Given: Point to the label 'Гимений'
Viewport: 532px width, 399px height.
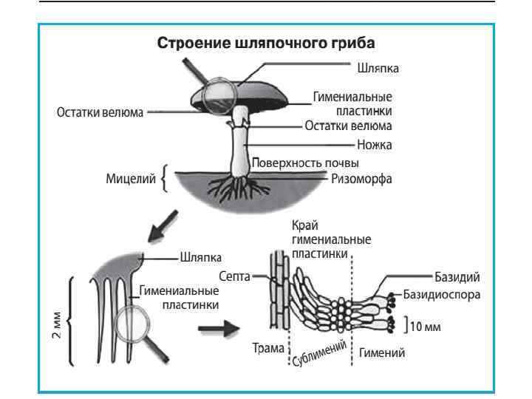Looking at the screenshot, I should [381, 353].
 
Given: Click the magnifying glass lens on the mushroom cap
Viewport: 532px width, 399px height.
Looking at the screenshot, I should [220, 94].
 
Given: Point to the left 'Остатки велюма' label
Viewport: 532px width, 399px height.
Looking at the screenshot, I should [100, 114].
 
